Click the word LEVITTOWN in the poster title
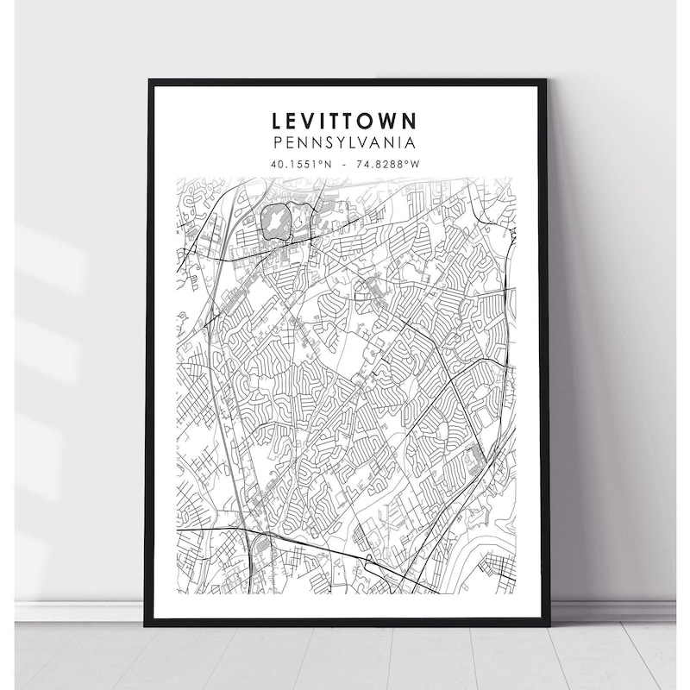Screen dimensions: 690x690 coord(344,120)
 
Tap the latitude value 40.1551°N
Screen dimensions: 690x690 coord(299,163)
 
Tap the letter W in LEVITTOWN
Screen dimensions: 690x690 coord(386,120)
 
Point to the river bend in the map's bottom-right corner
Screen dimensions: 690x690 coord(483,552)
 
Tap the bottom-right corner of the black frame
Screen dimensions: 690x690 coord(548,623)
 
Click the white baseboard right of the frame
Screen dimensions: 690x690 coord(612,611)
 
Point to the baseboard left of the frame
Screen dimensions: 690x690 coord(78,611)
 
